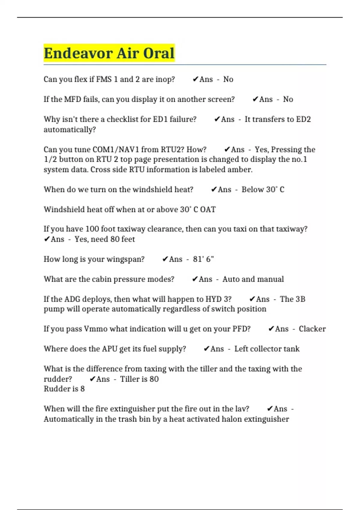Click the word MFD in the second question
click(72, 99)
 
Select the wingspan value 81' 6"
click(203, 259)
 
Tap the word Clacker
click(312, 329)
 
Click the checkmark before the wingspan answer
click(165, 259)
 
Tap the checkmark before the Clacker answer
click(271, 329)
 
